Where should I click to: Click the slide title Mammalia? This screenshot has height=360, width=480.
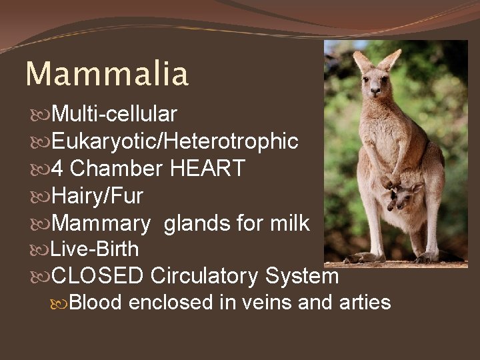pos(107,74)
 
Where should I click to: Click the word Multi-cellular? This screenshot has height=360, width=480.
pos(114,115)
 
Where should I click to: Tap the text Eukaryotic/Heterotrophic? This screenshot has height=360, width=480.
pos(174,141)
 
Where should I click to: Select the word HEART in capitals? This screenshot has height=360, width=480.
pos(207,169)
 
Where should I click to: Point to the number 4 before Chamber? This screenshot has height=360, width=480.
pos(57,169)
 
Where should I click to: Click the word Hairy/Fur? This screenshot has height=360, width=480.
pos(97,196)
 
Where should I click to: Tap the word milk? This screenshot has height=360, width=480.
pos(289,223)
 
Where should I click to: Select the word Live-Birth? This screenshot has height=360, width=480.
pos(95,249)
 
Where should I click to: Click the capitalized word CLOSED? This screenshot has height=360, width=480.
pos(98,275)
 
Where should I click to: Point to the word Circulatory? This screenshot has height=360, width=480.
pos(205,275)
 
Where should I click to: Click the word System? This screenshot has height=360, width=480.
pos(302,275)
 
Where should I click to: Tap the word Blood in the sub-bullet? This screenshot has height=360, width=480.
pos(95,303)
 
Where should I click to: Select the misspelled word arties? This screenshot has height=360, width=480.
pos(364,303)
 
